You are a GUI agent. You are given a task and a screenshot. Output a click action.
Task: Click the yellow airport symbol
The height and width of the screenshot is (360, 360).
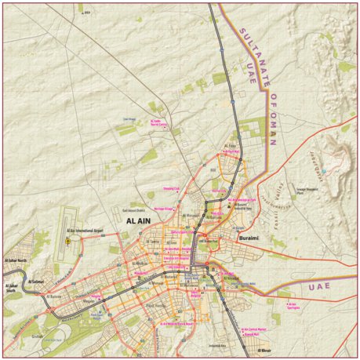point(68,242)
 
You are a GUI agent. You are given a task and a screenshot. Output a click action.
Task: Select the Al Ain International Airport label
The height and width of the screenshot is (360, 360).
point(86,231)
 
